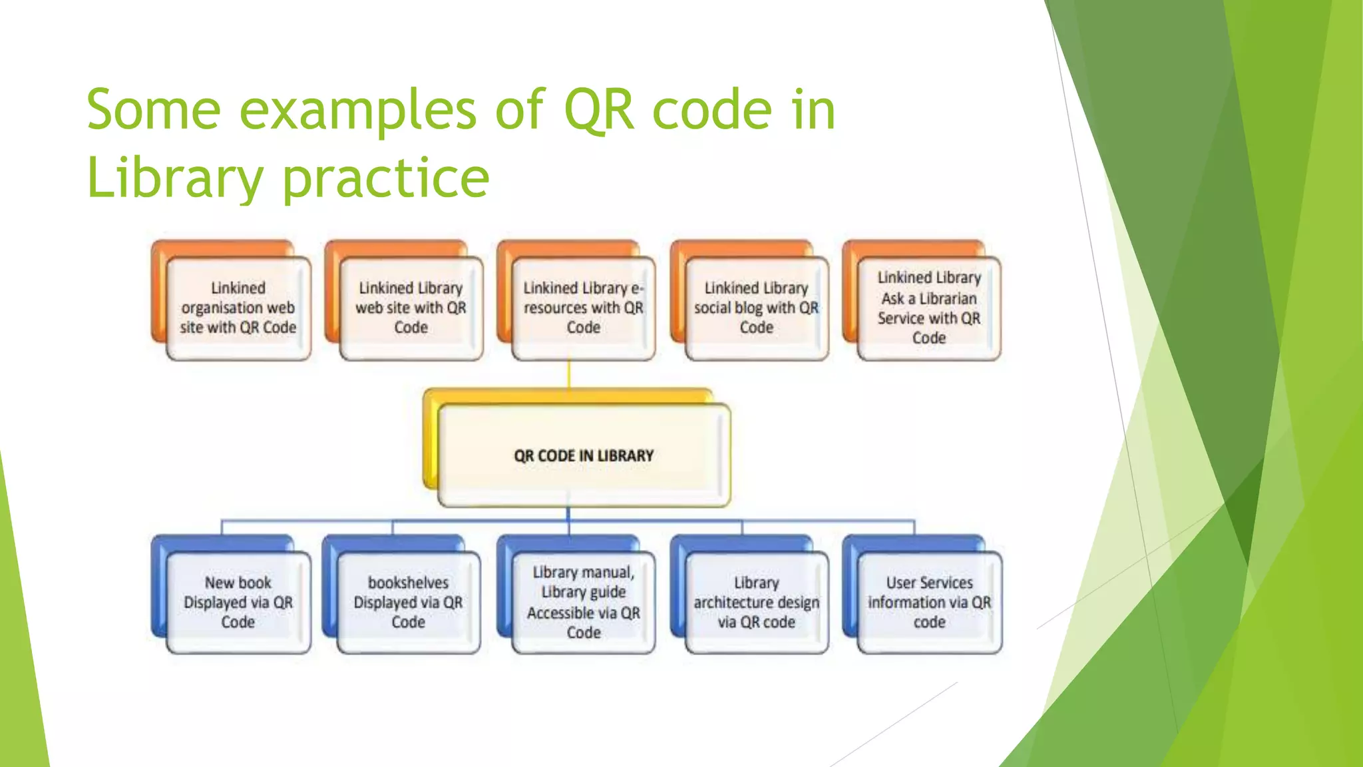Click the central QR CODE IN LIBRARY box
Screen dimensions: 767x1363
point(584,455)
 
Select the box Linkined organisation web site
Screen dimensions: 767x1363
point(238,308)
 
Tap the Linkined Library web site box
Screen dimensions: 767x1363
point(411,308)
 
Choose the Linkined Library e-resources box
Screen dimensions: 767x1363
point(583,308)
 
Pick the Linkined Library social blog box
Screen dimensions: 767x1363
point(757,308)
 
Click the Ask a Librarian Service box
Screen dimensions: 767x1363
point(929,308)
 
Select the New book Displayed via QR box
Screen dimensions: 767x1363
point(238,602)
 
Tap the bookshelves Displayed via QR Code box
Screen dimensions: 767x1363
point(408,602)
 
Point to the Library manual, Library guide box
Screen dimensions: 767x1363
point(583,602)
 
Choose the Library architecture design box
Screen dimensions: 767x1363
point(757,602)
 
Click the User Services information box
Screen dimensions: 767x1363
point(929,602)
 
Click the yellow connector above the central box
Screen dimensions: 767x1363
point(569,375)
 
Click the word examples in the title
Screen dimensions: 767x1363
point(357,111)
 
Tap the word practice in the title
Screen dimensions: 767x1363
point(386,178)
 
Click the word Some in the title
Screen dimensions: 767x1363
point(154,111)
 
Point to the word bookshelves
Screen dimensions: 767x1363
point(408,583)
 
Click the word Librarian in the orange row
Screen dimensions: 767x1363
point(948,298)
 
